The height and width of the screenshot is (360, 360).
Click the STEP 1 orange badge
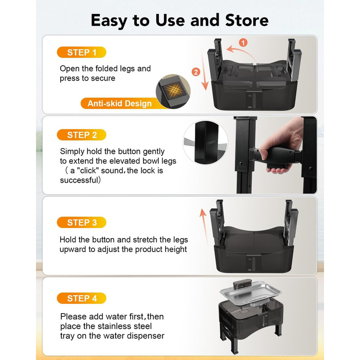click(x=81, y=52)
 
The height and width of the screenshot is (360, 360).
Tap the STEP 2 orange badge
click(x=81, y=135)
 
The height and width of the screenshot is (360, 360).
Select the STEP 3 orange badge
click(x=81, y=222)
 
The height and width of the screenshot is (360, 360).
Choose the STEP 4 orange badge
click(x=81, y=298)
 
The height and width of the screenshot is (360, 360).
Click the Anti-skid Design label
click(x=119, y=103)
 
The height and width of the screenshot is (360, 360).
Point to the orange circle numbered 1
click(x=243, y=43)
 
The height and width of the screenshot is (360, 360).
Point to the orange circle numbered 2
click(x=196, y=72)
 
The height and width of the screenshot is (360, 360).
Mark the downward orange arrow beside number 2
click(x=204, y=70)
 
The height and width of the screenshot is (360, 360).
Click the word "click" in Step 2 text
click(x=89, y=171)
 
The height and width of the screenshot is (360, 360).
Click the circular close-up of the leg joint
click(x=205, y=142)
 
